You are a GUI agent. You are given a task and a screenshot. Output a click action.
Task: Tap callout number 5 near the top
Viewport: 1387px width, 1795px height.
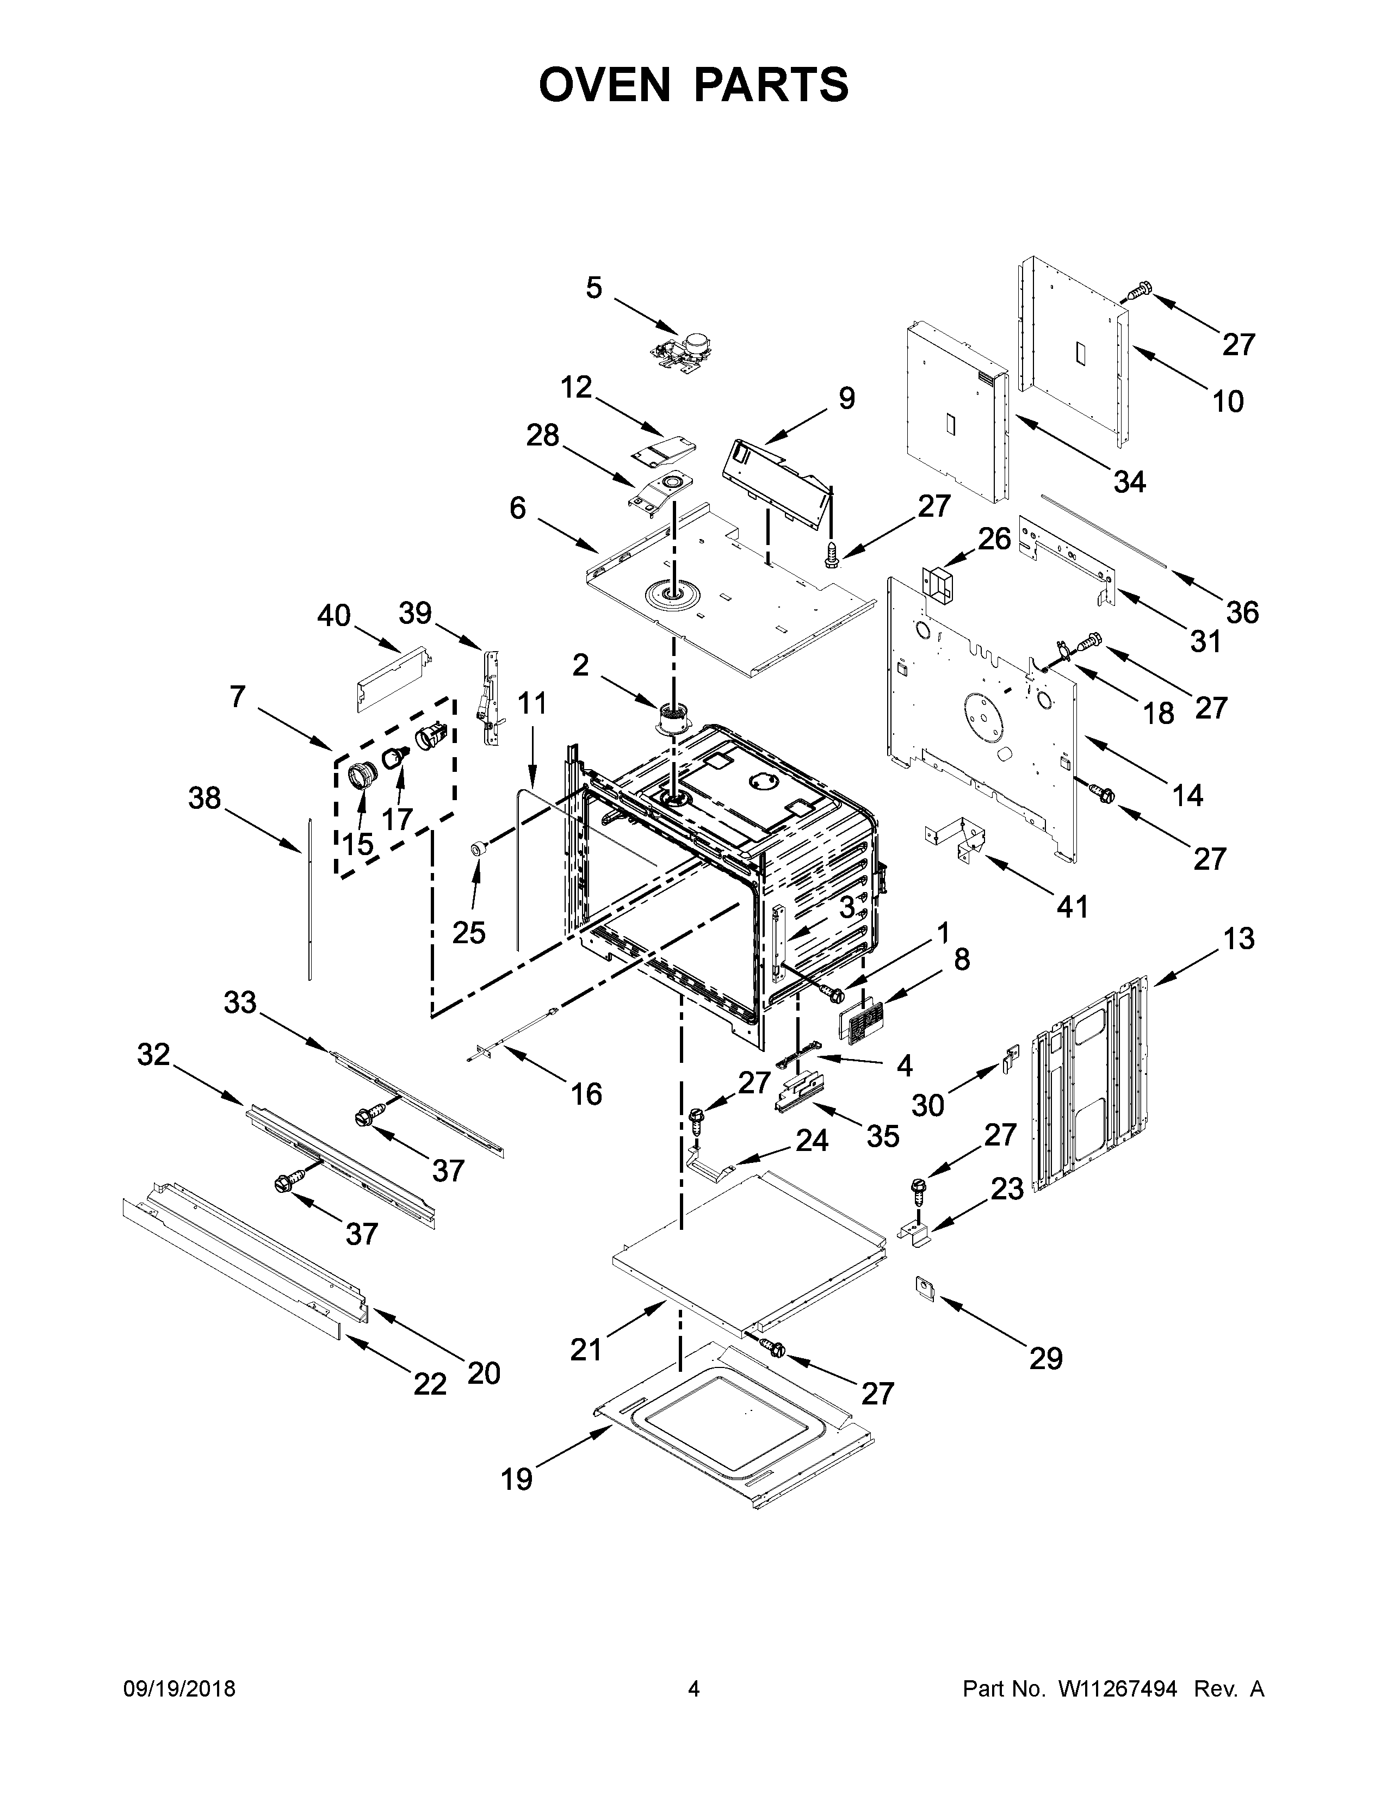coord(593,288)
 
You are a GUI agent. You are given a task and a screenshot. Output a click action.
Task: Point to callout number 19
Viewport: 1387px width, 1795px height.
coord(517,1480)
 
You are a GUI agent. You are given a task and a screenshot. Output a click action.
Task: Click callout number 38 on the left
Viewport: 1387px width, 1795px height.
coord(205,797)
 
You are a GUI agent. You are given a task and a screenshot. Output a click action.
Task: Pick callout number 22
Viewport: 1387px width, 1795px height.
coord(430,1384)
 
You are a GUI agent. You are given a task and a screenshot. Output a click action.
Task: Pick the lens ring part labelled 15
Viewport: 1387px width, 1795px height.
coord(362,774)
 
